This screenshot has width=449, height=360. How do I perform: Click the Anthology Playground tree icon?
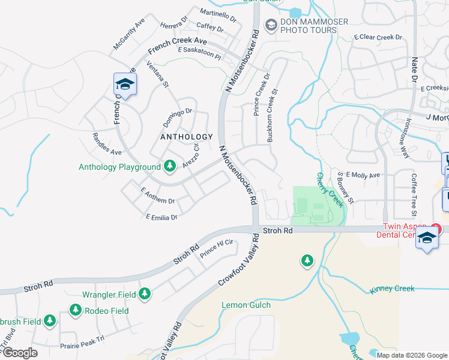click(169, 166)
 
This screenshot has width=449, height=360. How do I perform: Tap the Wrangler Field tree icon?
click(144, 294)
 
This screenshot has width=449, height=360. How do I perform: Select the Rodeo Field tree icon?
click(76, 310)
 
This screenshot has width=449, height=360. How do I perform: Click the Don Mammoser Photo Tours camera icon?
click(271, 25)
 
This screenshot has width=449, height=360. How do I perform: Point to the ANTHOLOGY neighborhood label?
click(187, 137)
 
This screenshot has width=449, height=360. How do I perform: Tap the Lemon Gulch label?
click(246, 305)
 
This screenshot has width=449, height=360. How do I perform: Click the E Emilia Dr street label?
click(161, 217)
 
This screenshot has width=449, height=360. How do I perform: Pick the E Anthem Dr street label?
click(157, 197)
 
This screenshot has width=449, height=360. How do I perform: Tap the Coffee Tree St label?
click(414, 194)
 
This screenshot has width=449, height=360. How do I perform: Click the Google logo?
click(19, 353)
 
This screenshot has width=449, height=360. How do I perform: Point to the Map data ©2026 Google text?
click(411, 355)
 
